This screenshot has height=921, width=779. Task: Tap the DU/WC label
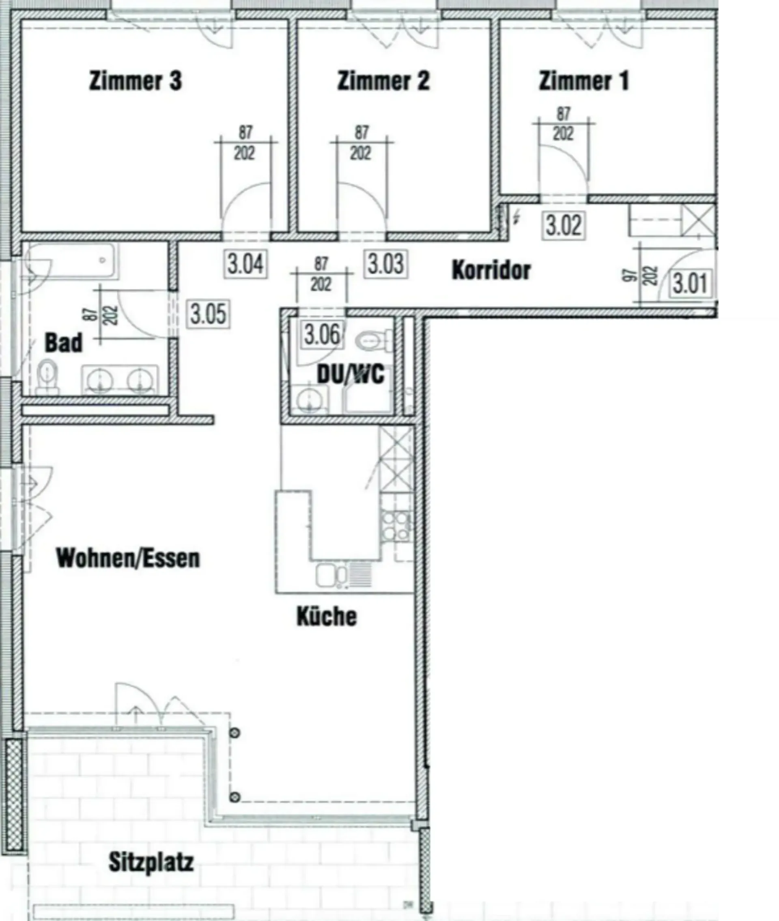(x=351, y=375)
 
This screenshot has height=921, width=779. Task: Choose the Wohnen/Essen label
(x=128, y=559)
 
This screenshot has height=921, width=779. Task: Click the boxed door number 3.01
(x=690, y=284)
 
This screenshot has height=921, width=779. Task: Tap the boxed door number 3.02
(x=564, y=225)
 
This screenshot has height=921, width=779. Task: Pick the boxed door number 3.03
(x=385, y=264)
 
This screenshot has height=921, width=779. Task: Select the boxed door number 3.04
(x=245, y=264)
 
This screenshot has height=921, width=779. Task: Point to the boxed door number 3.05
(x=209, y=314)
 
